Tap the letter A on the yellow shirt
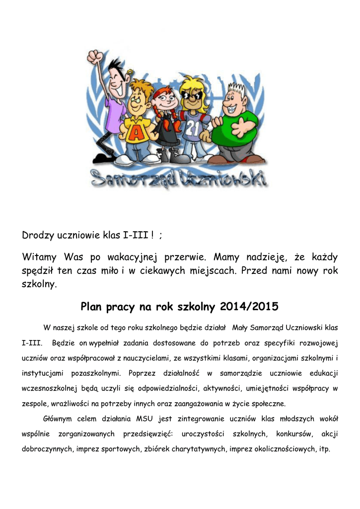134,132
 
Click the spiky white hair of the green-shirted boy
238,89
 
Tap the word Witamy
40,257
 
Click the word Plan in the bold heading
91,307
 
